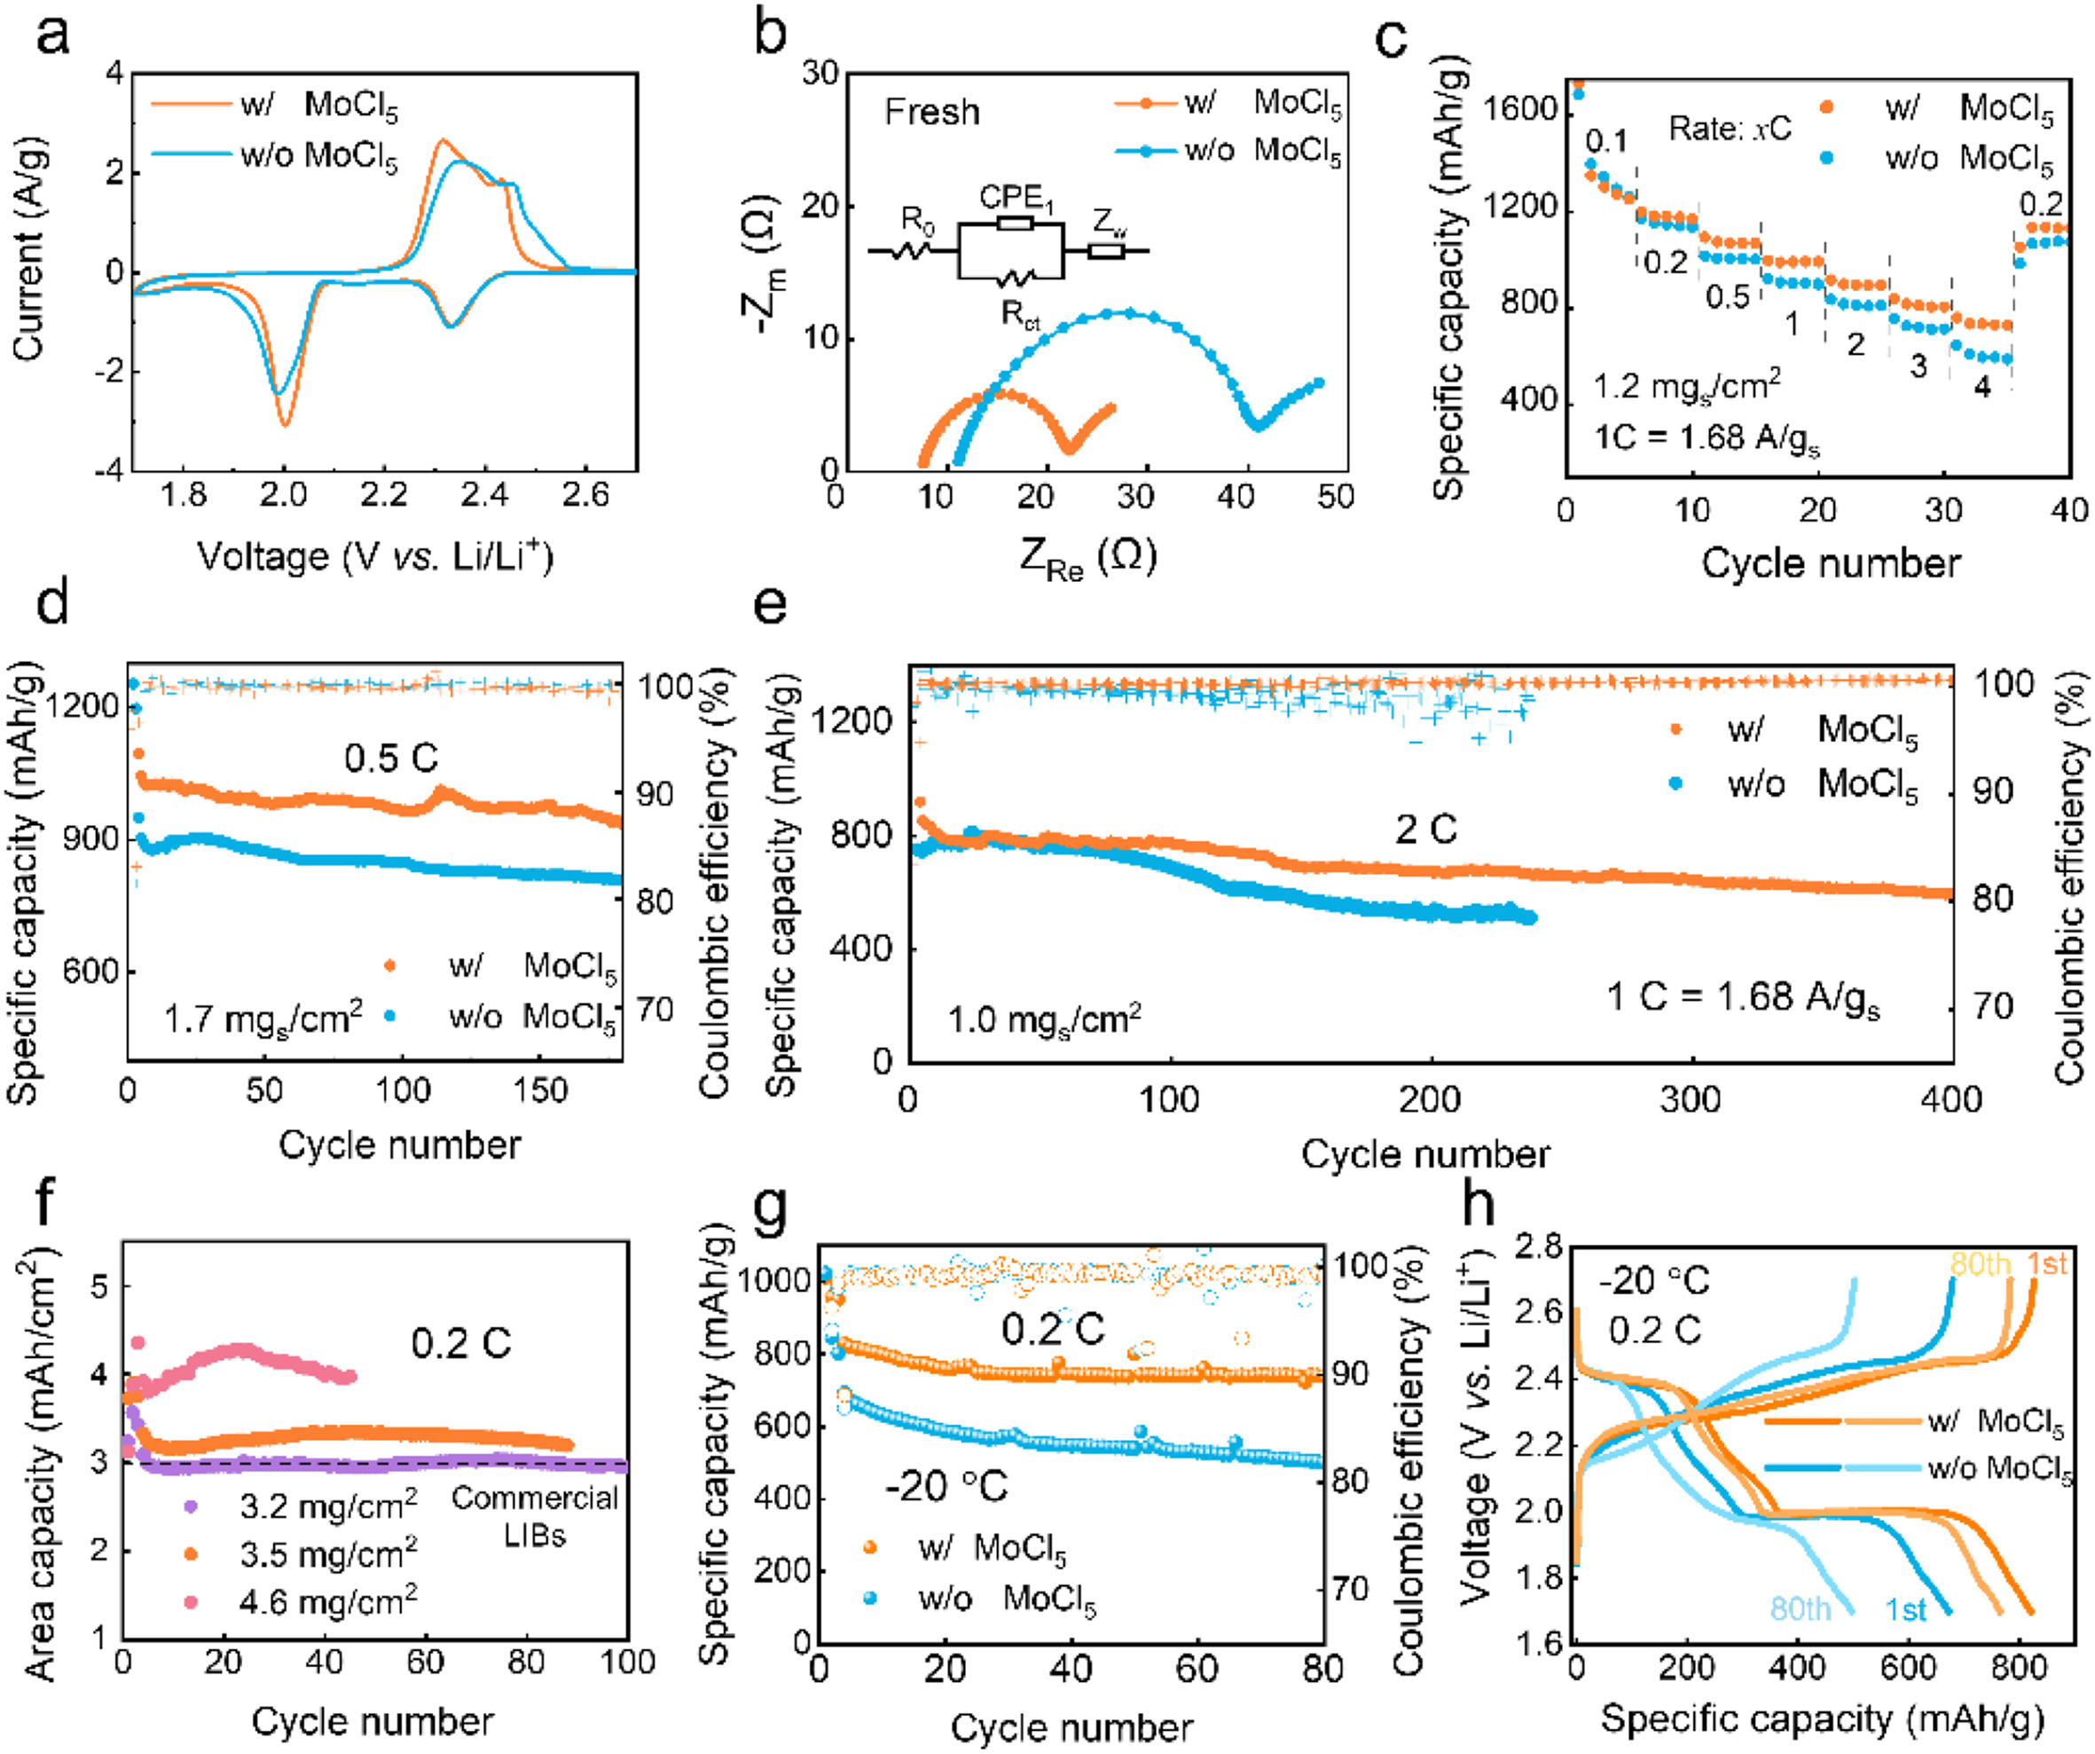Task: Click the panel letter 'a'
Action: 51,37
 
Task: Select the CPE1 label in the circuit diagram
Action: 1015,198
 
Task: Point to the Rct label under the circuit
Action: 1020,314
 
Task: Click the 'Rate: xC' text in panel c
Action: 1730,129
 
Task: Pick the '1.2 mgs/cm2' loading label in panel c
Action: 1686,385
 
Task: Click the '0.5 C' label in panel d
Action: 391,759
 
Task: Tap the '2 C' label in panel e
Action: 1425,828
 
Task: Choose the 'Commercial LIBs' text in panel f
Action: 535,1516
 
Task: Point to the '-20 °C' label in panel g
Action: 945,1487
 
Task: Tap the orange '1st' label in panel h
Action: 2046,1265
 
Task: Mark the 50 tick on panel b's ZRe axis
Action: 1335,496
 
